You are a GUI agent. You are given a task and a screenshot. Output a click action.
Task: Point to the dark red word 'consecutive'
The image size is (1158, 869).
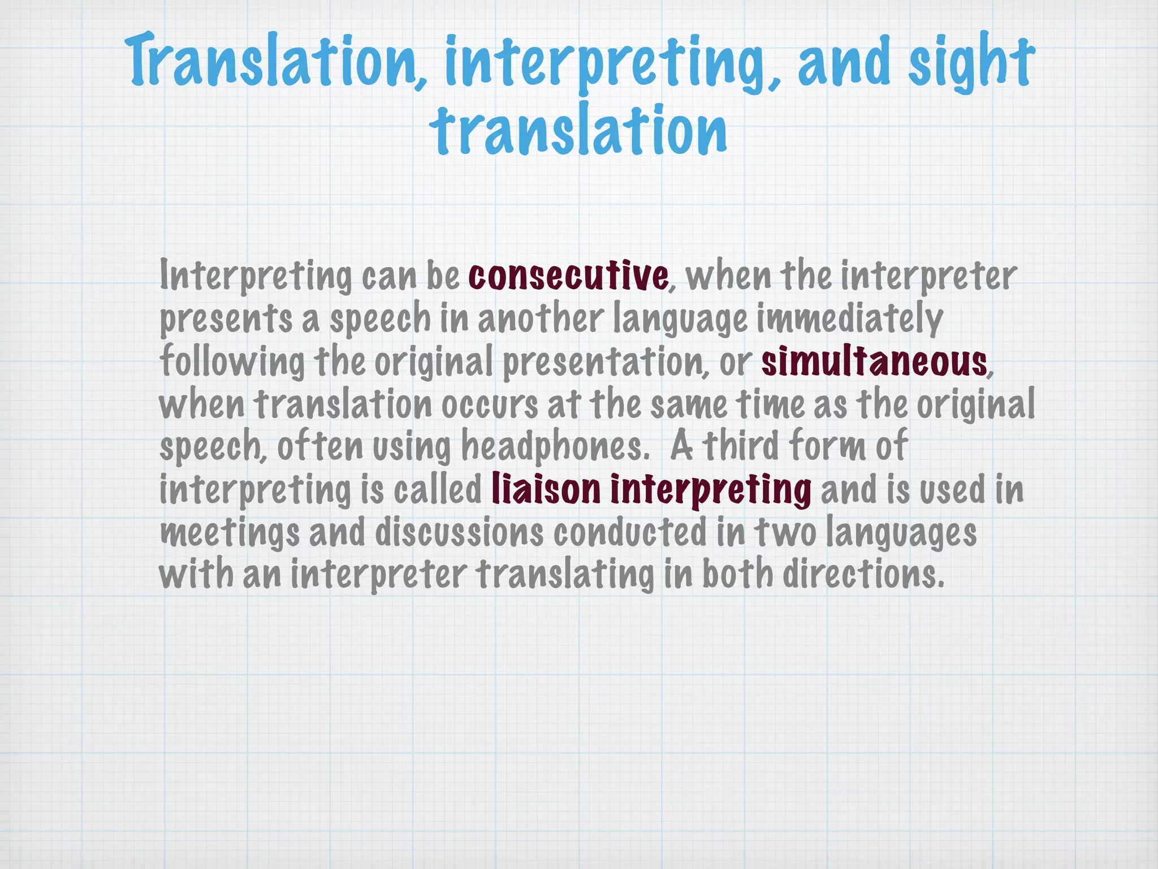click(x=568, y=276)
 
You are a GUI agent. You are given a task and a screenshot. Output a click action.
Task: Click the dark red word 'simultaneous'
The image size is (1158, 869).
click(x=874, y=362)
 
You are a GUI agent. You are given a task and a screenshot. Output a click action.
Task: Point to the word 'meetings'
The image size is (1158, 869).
click(x=230, y=534)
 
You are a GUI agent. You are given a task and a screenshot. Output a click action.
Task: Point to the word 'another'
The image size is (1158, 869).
click(x=541, y=319)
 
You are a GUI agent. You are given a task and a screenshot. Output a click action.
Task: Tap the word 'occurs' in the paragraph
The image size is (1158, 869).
click(x=490, y=405)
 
